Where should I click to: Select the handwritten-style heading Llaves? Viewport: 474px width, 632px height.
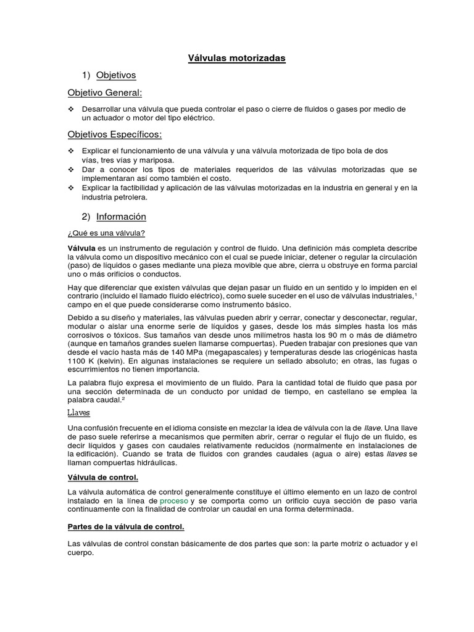pyautogui.click(x=78, y=412)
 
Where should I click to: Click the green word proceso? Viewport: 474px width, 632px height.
pyautogui.click(x=174, y=501)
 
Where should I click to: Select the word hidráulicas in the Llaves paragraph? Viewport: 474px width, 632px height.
pyautogui.click(x=156, y=462)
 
